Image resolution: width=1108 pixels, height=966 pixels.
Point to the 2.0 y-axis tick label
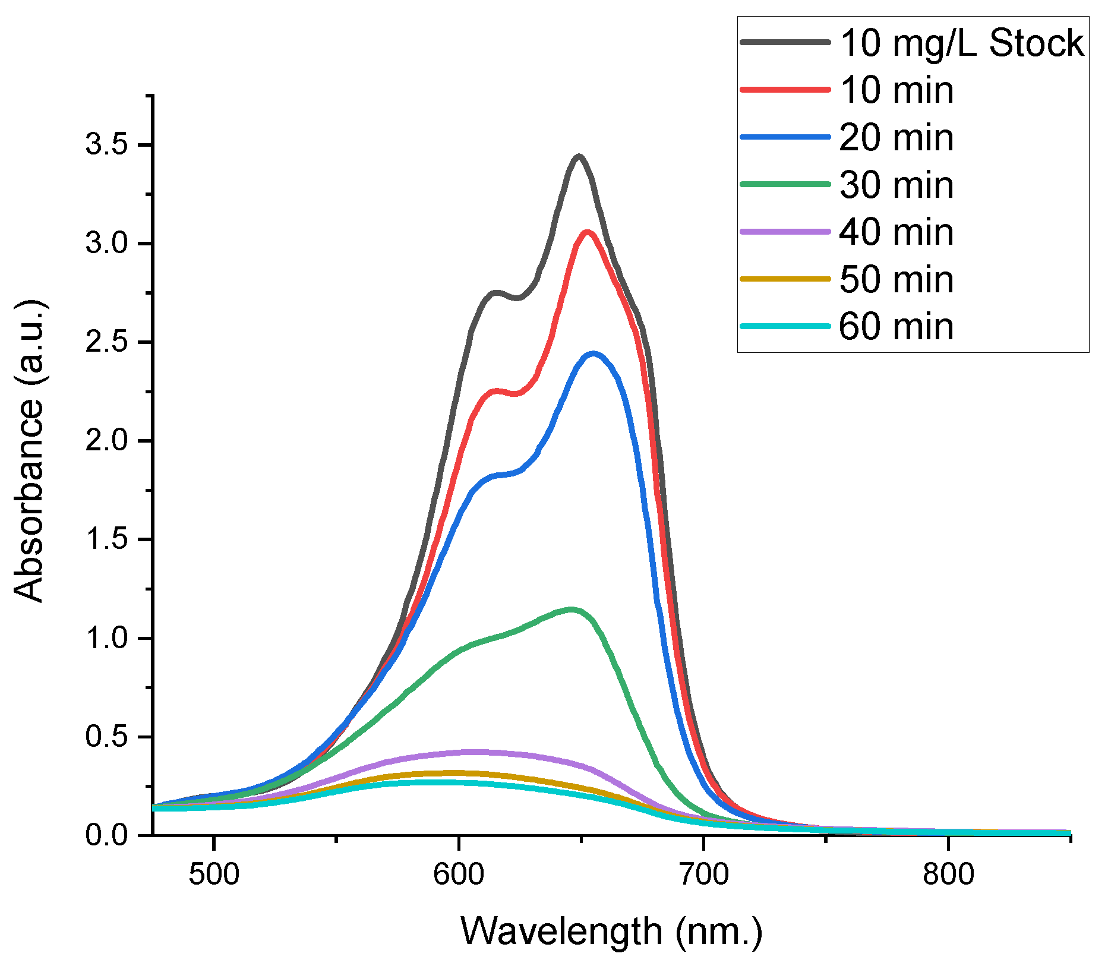tap(107, 441)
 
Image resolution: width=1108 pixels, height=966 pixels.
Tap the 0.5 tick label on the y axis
tap(107, 737)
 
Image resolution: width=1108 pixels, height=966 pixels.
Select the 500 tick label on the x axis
tap(214, 875)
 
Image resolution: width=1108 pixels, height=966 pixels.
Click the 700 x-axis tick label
tap(703, 875)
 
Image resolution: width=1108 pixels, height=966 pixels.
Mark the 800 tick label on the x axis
tap(948, 875)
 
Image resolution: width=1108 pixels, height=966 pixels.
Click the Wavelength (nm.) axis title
tap(611, 931)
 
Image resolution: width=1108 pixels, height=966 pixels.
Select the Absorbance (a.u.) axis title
tap(29, 452)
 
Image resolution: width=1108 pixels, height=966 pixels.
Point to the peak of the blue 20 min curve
tap(594, 353)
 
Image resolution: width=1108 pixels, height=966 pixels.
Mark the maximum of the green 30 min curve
tap(572, 609)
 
